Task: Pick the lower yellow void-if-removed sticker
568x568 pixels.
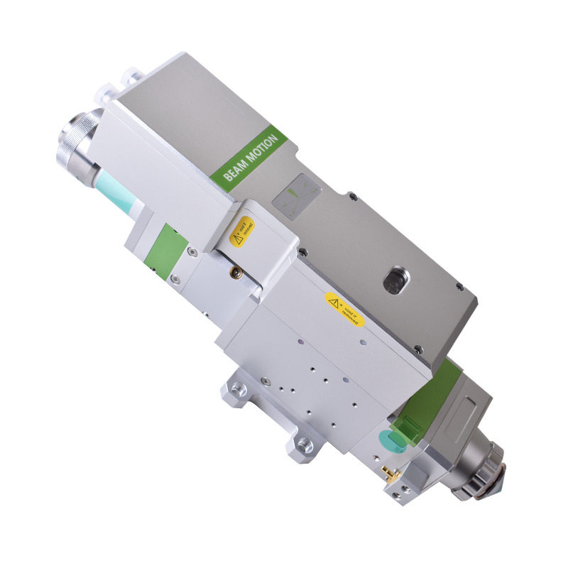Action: coord(344,310)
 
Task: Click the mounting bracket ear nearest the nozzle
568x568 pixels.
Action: coord(304,445)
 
